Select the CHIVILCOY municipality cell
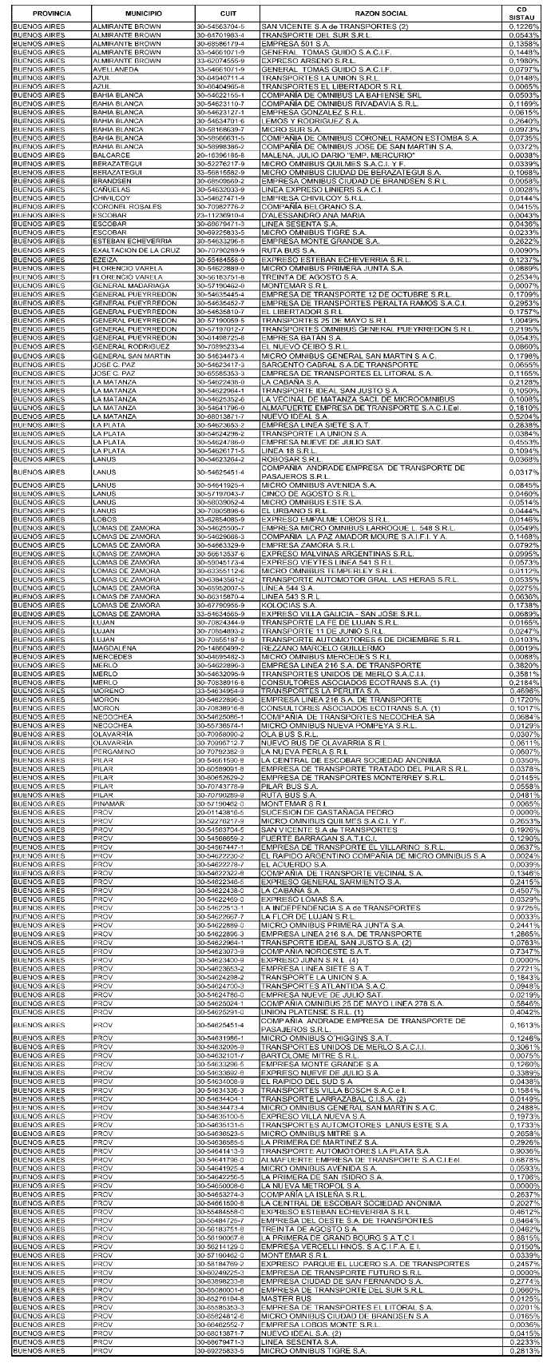pos(113,197)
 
